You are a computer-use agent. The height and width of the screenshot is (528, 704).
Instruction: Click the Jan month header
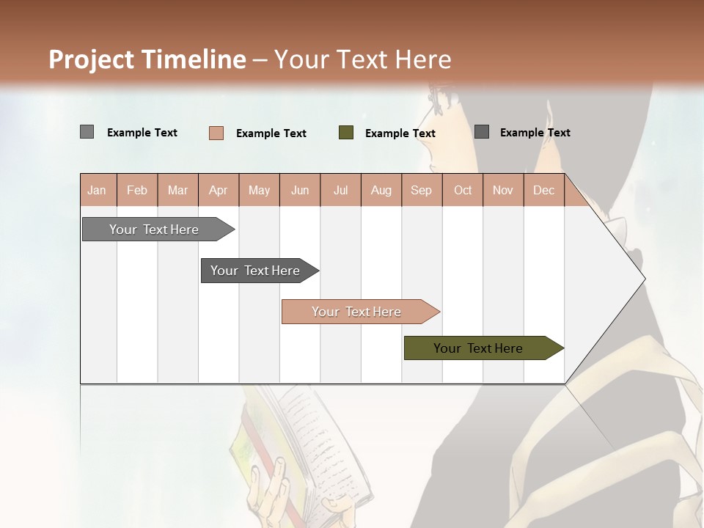[x=97, y=190]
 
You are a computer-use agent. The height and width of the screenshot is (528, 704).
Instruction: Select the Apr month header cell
[x=218, y=190]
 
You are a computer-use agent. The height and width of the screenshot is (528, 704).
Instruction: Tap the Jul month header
[x=340, y=190]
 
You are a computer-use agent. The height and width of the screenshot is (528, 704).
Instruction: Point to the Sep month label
[x=421, y=190]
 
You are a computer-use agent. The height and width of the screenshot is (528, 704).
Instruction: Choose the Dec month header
[x=543, y=190]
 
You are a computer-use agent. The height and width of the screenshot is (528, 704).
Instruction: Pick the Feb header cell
[x=137, y=190]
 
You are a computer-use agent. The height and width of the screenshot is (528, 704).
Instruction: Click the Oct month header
[x=463, y=190]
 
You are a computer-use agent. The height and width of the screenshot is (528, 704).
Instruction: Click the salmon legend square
[x=216, y=133]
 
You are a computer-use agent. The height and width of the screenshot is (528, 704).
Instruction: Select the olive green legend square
[x=346, y=133]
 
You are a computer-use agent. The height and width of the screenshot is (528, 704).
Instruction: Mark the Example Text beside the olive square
[x=400, y=133]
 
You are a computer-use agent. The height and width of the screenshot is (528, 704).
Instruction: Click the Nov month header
[x=503, y=190]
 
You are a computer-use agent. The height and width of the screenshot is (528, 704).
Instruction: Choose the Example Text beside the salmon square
[x=271, y=133]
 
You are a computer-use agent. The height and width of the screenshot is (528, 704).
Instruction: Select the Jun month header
[x=300, y=190]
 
